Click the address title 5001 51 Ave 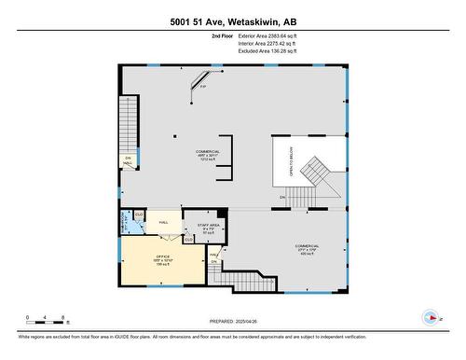232,21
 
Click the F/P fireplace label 203,88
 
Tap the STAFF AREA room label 208,226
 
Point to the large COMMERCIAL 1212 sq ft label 207,154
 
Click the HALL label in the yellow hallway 163,222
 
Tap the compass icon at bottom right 431,317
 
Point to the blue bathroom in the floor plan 126,224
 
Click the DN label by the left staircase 127,157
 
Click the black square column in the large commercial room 173,135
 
